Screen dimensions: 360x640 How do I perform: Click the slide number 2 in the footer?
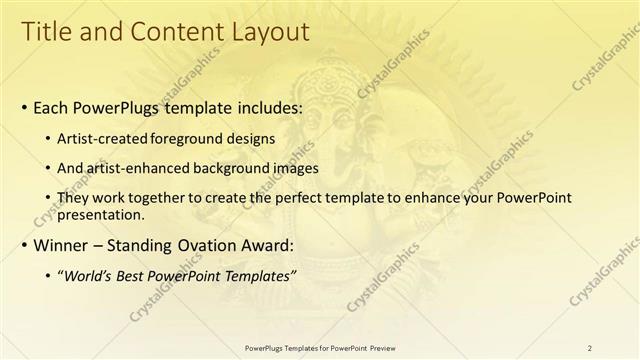[x=589, y=347]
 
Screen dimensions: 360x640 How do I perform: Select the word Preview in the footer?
[x=380, y=347]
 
